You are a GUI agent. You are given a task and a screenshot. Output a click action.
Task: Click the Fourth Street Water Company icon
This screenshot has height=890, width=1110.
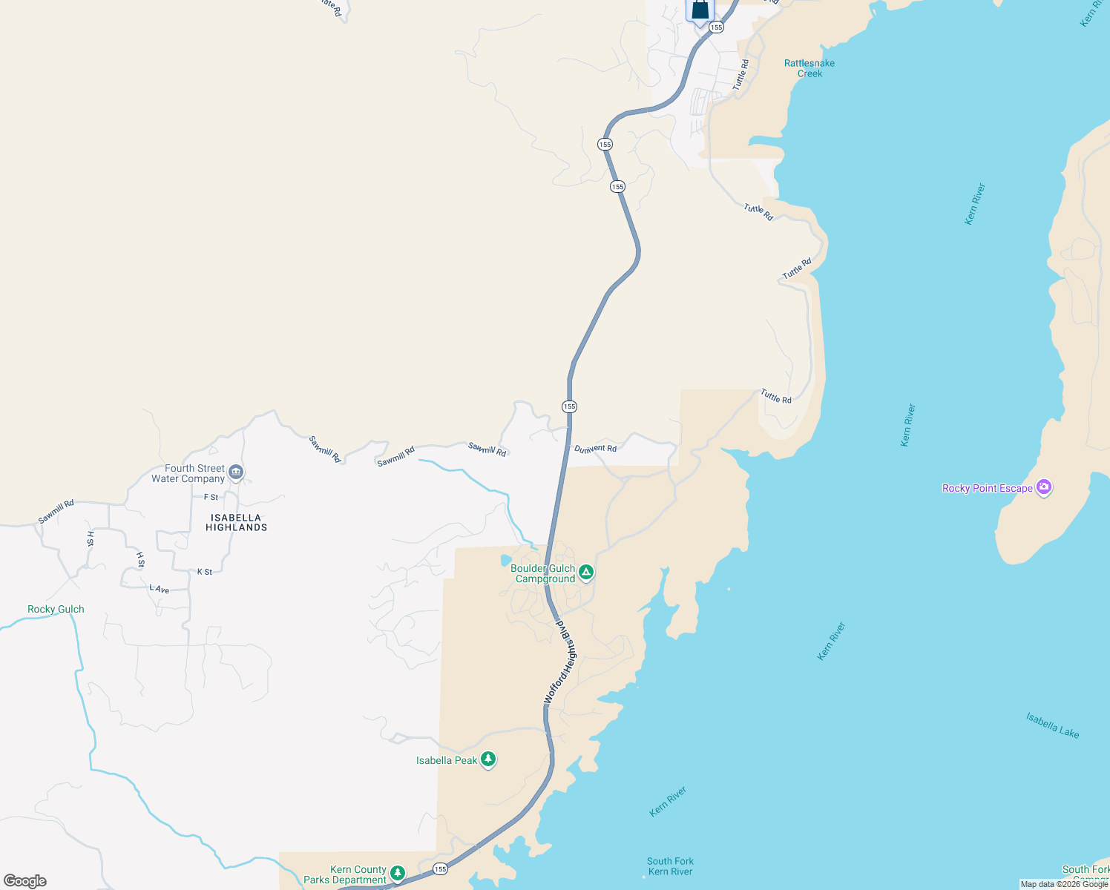(236, 472)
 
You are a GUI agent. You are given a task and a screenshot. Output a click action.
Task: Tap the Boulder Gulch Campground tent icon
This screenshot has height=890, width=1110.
(586, 572)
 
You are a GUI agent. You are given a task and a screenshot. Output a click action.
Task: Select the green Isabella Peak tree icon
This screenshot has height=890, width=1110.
(487, 759)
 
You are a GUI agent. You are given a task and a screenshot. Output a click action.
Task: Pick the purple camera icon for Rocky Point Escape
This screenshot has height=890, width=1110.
(1044, 487)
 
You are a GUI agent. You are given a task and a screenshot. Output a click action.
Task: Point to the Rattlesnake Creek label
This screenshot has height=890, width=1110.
(809, 68)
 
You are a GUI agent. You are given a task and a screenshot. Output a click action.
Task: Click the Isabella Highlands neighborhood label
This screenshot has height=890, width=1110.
(236, 523)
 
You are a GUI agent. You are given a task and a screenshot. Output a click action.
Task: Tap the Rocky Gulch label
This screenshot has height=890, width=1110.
(56, 609)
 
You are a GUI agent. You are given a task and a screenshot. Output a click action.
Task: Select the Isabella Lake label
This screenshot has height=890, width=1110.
(1052, 725)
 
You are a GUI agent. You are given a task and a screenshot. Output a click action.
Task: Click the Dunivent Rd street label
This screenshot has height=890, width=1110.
(595, 449)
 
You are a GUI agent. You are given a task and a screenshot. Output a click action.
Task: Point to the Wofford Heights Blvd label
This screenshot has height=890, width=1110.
(560, 662)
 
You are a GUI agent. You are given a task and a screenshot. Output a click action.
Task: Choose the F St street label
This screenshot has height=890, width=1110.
(211, 498)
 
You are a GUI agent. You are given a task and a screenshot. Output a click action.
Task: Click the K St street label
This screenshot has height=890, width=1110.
(205, 572)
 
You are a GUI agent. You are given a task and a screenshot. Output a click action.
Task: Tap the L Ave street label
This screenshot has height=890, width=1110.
(160, 589)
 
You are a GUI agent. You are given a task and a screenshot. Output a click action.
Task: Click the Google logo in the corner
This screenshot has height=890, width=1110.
(25, 881)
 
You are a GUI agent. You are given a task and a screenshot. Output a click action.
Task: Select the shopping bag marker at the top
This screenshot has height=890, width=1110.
(700, 10)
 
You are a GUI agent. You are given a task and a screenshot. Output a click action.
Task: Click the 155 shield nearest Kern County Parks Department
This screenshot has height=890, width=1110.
(441, 868)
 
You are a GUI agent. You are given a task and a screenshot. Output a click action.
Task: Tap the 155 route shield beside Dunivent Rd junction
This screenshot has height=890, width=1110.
(569, 406)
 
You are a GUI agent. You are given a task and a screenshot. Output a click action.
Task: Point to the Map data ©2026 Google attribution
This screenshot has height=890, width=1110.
(1064, 884)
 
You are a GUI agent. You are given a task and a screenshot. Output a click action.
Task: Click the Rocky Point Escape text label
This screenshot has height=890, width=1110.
(987, 488)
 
